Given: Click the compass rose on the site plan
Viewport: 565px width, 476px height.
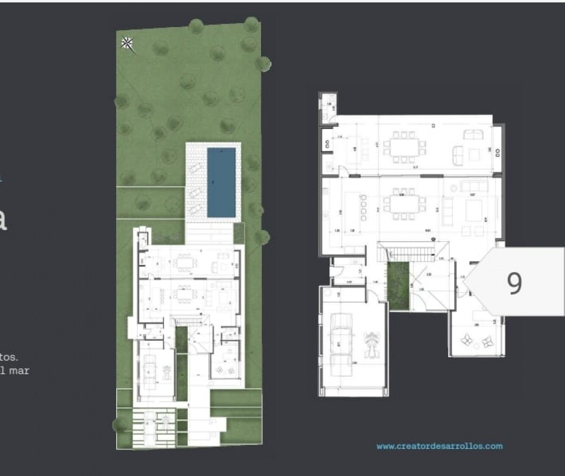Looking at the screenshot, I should pos(127,44).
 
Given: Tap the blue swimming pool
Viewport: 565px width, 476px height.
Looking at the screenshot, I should pos(221,182).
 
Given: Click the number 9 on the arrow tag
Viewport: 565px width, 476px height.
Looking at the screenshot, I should pos(514,283).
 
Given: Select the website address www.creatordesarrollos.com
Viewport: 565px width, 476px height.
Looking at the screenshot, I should pos(439,446).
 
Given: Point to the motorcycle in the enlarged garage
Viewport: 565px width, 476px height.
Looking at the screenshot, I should pos(372,344).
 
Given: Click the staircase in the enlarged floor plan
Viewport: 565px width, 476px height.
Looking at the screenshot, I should pos(406,251).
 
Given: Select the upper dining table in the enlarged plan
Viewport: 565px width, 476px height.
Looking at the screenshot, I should pos(404,147).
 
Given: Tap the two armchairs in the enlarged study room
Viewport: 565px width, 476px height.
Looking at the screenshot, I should pos(476,341).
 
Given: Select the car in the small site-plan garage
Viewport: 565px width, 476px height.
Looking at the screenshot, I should pos(148,371).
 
